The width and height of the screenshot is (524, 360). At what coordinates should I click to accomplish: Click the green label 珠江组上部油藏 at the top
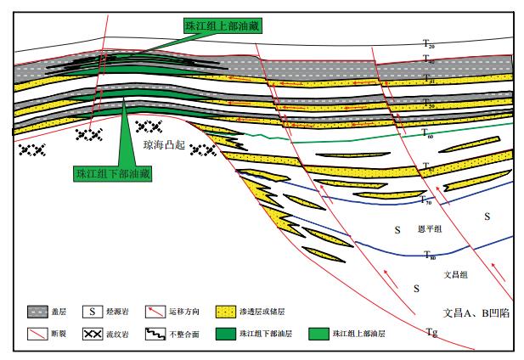(223, 25)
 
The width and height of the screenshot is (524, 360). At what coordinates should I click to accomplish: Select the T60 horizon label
(428, 134)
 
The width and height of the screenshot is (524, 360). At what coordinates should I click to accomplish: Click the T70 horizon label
(428, 200)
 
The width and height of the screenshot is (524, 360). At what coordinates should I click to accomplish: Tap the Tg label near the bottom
(433, 334)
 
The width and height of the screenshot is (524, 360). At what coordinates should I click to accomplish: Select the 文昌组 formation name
(457, 274)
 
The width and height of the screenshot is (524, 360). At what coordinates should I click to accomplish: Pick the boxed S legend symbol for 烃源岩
(112, 312)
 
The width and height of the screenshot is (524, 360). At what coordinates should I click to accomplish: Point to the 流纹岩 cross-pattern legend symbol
(112, 333)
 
